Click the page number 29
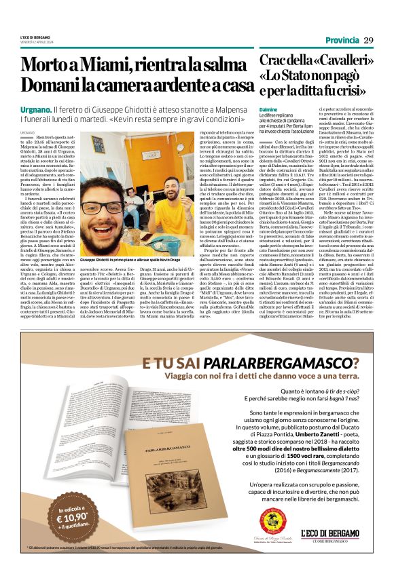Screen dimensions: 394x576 click(368, 41)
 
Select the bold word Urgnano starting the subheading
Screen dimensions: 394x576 click(35, 109)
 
